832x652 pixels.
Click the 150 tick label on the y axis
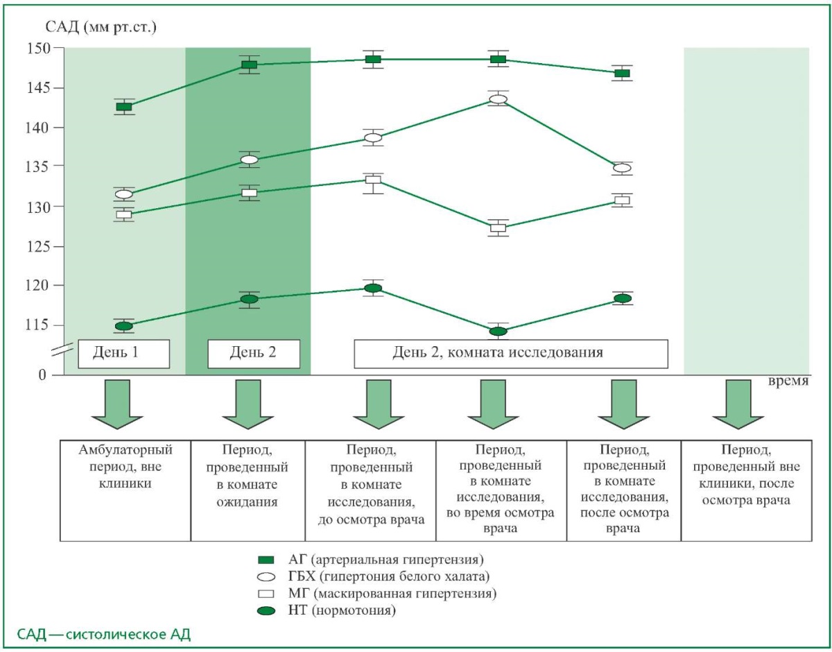click(x=39, y=49)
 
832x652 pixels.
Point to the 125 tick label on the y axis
click(x=39, y=247)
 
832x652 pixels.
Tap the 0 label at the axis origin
click(x=42, y=375)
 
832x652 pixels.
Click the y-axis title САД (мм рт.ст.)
click(x=101, y=28)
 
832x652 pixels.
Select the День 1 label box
click(x=123, y=354)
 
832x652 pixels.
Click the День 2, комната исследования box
click(x=511, y=354)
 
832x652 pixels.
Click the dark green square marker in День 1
click(x=123, y=106)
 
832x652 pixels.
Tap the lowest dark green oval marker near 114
click(x=498, y=331)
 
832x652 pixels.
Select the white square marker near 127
click(x=498, y=228)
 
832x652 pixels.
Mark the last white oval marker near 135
click(x=622, y=168)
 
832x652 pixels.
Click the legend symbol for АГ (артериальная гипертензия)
click(x=266, y=560)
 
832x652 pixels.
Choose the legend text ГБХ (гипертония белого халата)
click(x=389, y=576)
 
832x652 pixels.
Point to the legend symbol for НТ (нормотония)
click(x=266, y=610)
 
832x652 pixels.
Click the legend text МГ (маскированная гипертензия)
click(x=392, y=594)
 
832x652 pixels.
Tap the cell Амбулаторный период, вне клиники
click(x=125, y=490)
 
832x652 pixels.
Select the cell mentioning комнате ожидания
click(x=248, y=490)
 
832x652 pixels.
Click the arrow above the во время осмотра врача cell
click(x=493, y=404)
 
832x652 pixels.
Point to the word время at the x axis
click(x=788, y=381)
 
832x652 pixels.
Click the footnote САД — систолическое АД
click(x=104, y=635)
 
